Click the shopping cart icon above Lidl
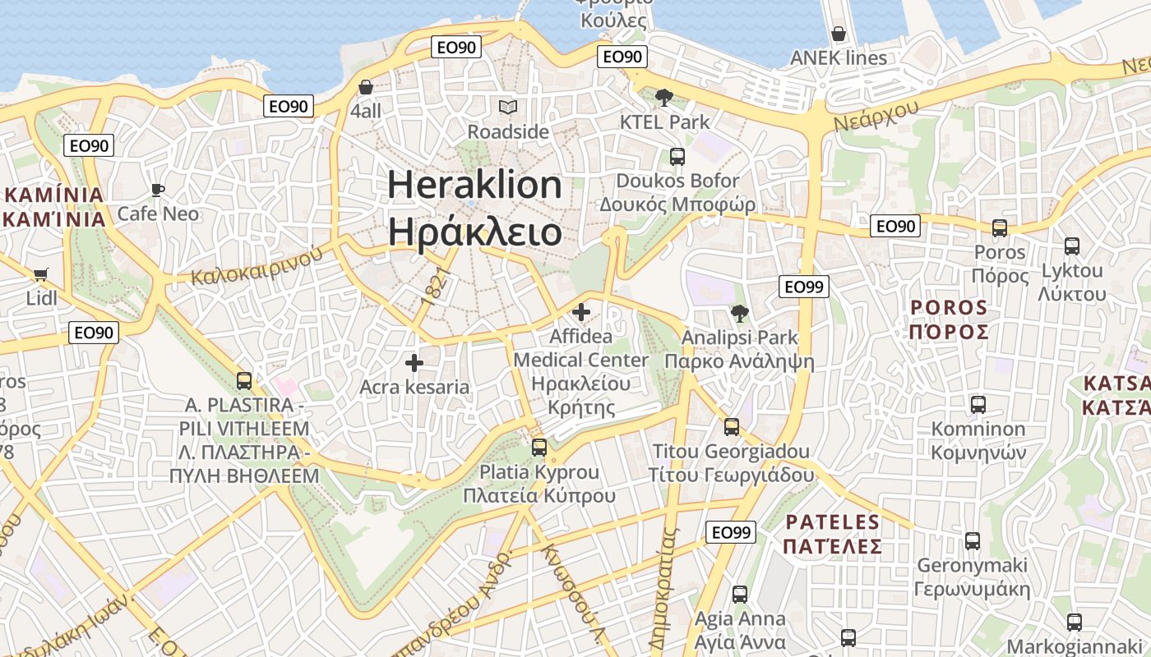click(x=40, y=274)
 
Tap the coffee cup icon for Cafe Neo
click(x=158, y=191)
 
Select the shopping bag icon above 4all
click(x=366, y=87)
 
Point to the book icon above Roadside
click(x=508, y=107)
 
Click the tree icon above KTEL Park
click(x=663, y=99)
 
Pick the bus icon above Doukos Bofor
click(x=677, y=156)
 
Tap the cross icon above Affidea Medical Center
click(x=581, y=312)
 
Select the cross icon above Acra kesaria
click(x=414, y=362)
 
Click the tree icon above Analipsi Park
click(x=739, y=313)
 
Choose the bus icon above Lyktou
click(x=1072, y=246)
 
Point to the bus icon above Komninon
click(x=978, y=404)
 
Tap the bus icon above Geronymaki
click(x=973, y=540)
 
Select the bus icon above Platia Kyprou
click(x=539, y=448)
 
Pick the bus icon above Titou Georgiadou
click(x=731, y=427)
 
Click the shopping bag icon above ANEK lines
click(x=839, y=34)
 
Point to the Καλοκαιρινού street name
click(x=257, y=265)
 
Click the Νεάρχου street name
click(x=876, y=113)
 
